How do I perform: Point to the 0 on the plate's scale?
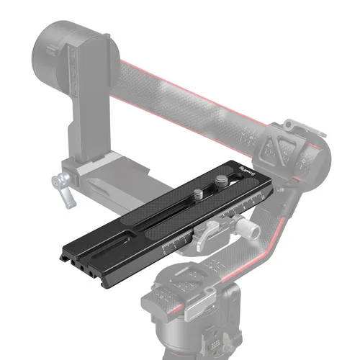click(x=163, y=253)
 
